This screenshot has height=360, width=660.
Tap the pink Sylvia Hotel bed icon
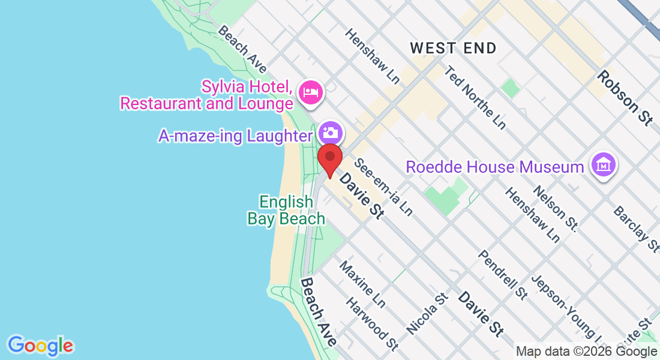pos(311,92)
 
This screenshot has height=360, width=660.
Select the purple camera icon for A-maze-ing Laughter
pos(330,132)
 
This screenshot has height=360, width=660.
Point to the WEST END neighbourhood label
pos(454,49)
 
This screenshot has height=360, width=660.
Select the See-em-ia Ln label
pos(383,187)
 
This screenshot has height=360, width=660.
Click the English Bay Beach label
pos(286,210)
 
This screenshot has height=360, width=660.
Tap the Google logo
pos(41,346)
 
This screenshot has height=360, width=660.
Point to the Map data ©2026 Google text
pos(587,352)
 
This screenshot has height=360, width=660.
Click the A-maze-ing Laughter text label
pos(235,136)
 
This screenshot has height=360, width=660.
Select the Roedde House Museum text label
pos(494,166)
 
